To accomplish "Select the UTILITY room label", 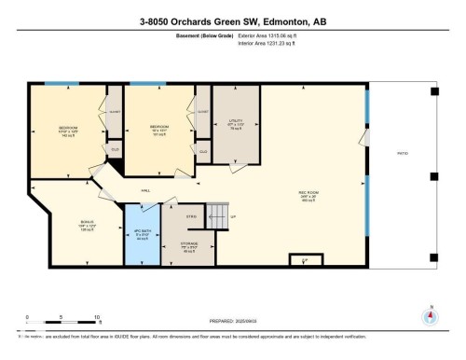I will [235, 122].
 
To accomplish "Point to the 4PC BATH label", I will [143, 233].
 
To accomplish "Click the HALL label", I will [146, 189].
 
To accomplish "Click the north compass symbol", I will [429, 315].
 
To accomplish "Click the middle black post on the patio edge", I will [434, 174].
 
